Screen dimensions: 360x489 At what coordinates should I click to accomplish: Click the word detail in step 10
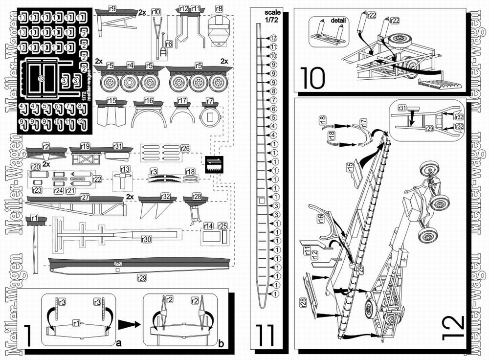coord(338,21)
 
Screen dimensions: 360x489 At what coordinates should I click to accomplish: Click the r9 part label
coord(112,8)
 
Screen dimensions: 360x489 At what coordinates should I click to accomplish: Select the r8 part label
coord(219,8)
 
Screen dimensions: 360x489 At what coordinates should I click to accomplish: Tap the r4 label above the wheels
coord(130,65)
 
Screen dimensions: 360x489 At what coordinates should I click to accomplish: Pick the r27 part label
coord(85,197)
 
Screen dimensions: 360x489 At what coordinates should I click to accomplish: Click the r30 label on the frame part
coord(146,240)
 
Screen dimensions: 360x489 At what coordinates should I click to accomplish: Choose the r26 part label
coord(185,148)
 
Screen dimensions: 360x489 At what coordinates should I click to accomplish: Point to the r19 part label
coord(85,146)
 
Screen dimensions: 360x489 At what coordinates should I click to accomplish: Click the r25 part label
coord(222,225)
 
